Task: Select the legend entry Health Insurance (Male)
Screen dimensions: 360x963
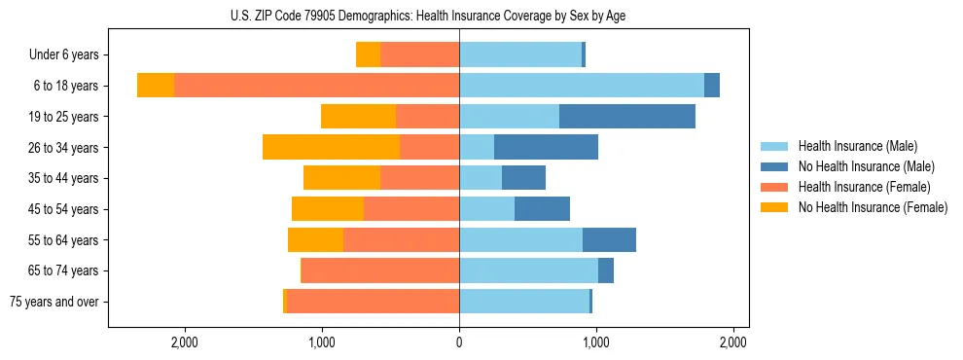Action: pyautogui.click(x=857, y=146)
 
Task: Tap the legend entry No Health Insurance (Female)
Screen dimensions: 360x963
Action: pyautogui.click(x=873, y=207)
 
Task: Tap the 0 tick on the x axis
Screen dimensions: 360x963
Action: pyautogui.click(x=459, y=342)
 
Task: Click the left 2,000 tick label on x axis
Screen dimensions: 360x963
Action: pyautogui.click(x=185, y=342)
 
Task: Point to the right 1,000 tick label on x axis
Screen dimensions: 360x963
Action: pyautogui.click(x=596, y=342)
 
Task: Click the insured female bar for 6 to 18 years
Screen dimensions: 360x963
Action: pyautogui.click(x=316, y=86)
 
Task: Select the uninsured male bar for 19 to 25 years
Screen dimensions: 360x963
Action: pyautogui.click(x=627, y=117)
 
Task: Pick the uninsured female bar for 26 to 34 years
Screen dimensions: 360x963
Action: pyautogui.click(x=331, y=148)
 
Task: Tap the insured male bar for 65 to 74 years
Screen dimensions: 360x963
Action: pyautogui.click(x=528, y=270)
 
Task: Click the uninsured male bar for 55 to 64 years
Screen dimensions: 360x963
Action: pyautogui.click(x=609, y=240)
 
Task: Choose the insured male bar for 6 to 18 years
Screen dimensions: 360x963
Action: pyautogui.click(x=582, y=86)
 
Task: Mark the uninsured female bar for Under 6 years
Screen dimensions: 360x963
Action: pyautogui.click(x=368, y=55)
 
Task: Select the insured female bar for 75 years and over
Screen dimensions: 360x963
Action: pyautogui.click(x=373, y=302)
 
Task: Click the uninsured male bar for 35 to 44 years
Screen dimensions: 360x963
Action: pyautogui.click(x=523, y=178)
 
